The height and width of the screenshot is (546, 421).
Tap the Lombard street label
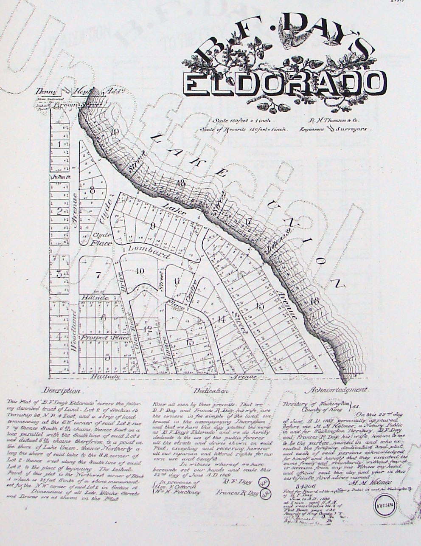tap(145, 251)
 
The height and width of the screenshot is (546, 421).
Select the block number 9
tap(152, 225)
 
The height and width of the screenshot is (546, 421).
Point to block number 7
tap(98, 275)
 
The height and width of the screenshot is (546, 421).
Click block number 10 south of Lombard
tap(140, 271)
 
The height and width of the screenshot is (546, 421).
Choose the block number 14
tap(221, 320)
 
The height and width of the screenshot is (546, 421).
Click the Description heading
tap(61, 390)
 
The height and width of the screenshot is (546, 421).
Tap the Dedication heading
tap(210, 391)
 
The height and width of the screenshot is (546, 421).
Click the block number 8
tap(92, 191)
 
